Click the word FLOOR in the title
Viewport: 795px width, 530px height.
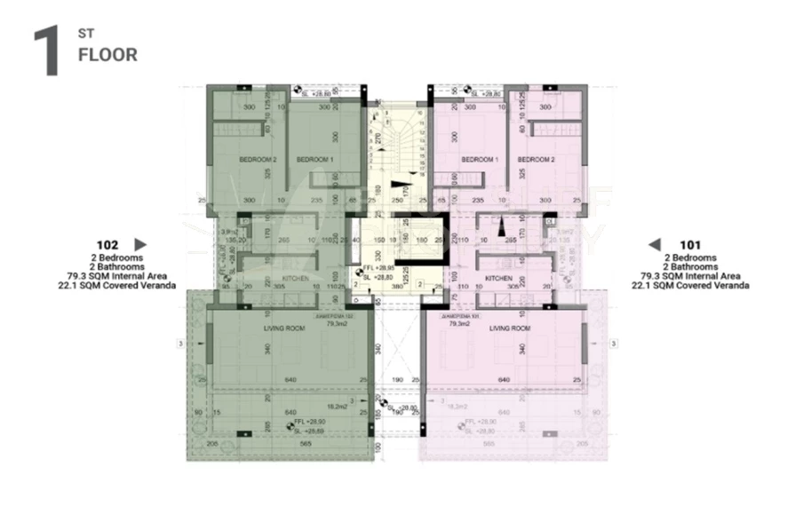(x=107, y=55)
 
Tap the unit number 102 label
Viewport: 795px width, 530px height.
(x=107, y=244)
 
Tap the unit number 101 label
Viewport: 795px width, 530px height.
(x=689, y=244)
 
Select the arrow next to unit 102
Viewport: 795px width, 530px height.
(x=139, y=244)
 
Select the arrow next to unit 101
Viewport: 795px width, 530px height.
(x=655, y=244)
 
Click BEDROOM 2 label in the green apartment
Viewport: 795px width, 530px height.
(x=258, y=160)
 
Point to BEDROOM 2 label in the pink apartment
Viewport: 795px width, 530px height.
(x=537, y=160)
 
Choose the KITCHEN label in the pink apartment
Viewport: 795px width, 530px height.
(x=499, y=279)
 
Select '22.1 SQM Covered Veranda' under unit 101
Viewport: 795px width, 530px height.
(x=689, y=286)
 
